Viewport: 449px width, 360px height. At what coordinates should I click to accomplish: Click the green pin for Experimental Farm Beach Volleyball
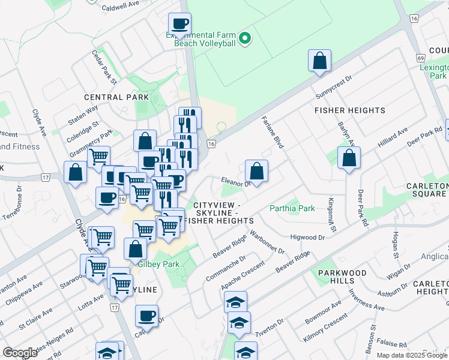pyautogui.click(x=244, y=40)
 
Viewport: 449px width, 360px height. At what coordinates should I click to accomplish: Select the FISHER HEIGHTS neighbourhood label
pyautogui.click(x=349, y=110)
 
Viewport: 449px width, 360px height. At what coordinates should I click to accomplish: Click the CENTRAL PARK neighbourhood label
pyautogui.click(x=116, y=97)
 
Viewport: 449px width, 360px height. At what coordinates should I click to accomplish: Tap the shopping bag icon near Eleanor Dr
pyautogui.click(x=256, y=171)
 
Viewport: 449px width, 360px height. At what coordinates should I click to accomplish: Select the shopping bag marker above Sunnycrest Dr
pyautogui.click(x=320, y=61)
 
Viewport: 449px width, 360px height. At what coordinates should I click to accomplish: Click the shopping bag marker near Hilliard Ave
pyautogui.click(x=349, y=158)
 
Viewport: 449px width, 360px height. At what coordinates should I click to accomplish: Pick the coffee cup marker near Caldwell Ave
pyautogui.click(x=179, y=25)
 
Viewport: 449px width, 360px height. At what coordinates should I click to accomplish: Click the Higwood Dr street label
pyautogui.click(x=307, y=238)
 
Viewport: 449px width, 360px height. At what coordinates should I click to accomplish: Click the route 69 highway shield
pyautogui.click(x=421, y=58)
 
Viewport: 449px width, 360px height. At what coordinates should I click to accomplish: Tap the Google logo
pyautogui.click(x=20, y=353)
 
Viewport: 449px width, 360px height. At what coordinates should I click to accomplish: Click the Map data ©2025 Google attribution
pyautogui.click(x=411, y=355)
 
